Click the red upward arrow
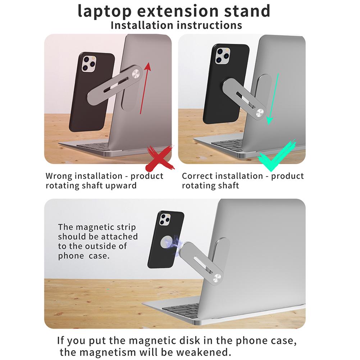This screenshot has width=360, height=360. click(144, 90)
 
